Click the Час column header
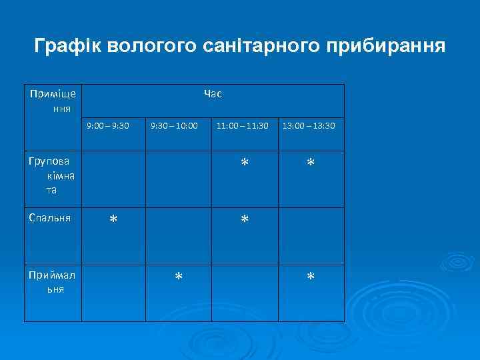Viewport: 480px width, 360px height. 213,94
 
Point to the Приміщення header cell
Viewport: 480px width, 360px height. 53,100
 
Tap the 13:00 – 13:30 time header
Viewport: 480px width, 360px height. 309,125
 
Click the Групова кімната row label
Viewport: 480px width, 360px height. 53,175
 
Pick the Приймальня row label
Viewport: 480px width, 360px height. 53,283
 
